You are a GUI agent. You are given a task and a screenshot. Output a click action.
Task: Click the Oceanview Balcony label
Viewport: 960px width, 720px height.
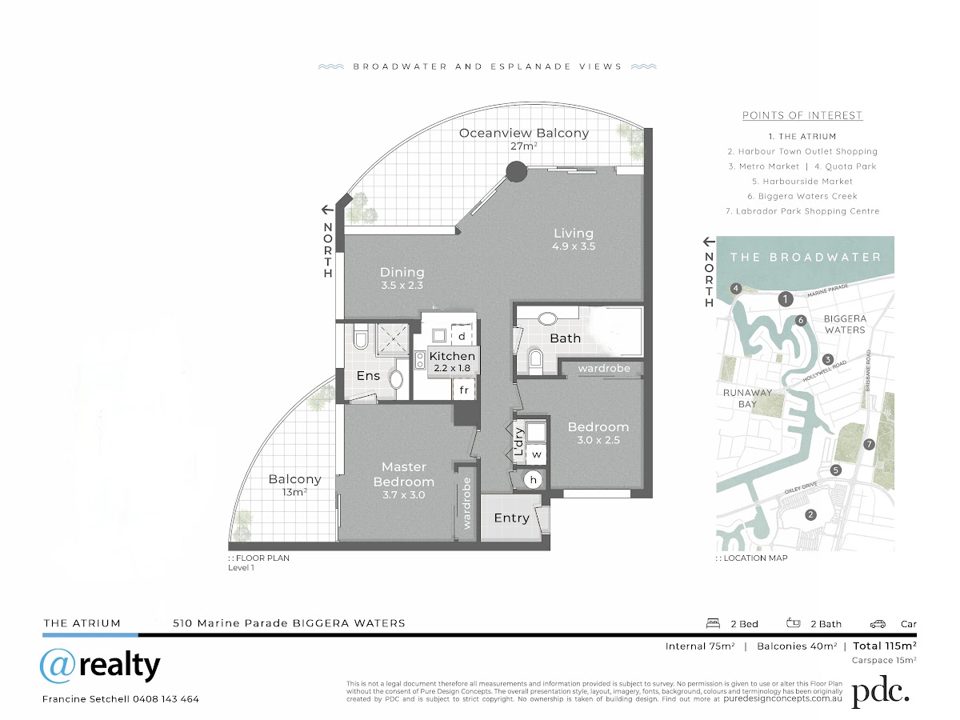pos(523,133)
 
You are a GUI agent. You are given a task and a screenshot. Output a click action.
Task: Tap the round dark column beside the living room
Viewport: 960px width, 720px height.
pos(517,172)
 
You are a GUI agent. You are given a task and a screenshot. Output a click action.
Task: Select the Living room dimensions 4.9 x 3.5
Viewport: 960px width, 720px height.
pos(574,246)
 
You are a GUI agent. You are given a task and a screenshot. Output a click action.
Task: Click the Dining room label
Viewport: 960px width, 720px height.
pos(402,272)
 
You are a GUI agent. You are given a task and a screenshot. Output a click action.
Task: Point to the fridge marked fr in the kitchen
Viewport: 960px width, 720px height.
pos(464,390)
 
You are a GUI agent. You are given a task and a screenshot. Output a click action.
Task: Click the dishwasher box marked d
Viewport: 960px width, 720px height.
pos(462,335)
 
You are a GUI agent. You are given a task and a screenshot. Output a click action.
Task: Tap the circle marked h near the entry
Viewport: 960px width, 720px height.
pos(533,480)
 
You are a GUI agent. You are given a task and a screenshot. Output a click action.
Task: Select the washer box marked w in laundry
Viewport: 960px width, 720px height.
pos(536,454)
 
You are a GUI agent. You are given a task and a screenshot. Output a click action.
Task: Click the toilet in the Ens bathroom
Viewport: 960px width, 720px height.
pos(361,338)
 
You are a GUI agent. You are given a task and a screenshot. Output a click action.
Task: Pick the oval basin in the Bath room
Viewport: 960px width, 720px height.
pos(546,318)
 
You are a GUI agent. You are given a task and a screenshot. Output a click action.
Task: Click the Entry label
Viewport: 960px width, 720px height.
pos(512,518)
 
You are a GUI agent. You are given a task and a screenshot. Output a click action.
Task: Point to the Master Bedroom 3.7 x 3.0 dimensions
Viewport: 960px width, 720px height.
pos(403,495)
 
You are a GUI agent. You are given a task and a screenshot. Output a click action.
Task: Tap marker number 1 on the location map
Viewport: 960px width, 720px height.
pos(786,299)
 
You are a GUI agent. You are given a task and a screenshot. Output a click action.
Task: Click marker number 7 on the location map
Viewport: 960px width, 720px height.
pos(869,445)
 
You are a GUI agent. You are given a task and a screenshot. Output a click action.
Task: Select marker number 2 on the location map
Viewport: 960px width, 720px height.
pos(810,515)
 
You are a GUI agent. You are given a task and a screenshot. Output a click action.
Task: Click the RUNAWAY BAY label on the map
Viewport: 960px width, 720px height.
pos(747,398)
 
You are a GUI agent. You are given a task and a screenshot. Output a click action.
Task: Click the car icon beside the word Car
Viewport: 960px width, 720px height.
pos(878,624)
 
